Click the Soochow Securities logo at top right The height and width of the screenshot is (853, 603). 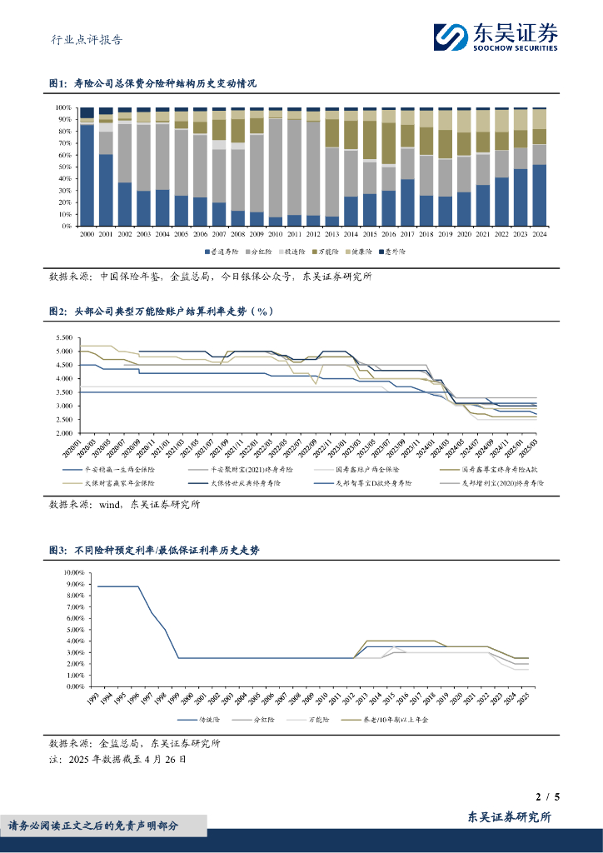495,36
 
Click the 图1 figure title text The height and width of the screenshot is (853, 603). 153,84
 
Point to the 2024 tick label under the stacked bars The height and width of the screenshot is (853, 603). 540,237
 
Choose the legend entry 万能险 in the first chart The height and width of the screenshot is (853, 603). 326,251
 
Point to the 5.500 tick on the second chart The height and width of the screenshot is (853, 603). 63,338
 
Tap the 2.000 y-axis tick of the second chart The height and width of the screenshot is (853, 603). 63,433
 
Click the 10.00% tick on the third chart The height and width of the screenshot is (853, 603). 72,573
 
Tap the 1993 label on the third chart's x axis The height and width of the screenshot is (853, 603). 94,699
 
